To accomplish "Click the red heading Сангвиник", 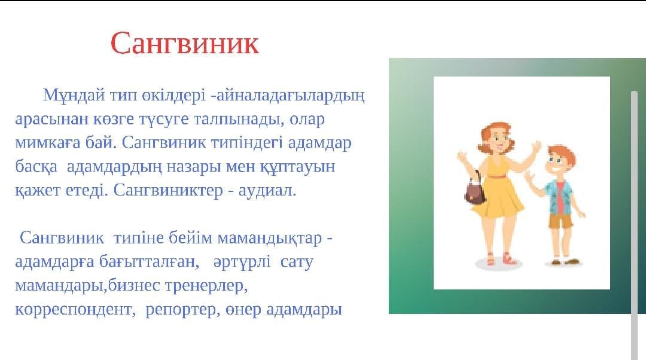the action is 185,43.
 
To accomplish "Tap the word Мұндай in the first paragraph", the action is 74,95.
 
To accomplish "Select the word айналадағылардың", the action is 291,96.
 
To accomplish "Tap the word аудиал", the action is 267,191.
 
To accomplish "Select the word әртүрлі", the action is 242,262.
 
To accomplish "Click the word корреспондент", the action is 74,310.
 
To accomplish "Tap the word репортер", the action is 181,310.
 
